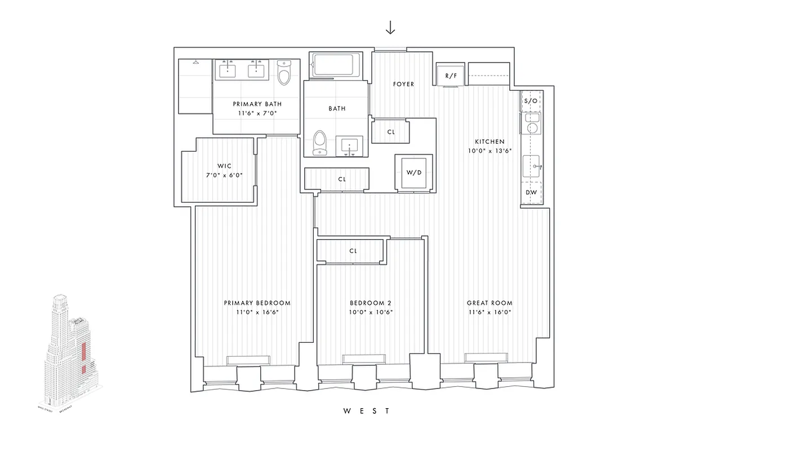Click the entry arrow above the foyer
(x=390, y=28)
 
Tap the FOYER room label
(x=403, y=84)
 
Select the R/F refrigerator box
(x=451, y=75)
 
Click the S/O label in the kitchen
(x=531, y=101)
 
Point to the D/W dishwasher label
(x=531, y=192)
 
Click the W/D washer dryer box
(x=413, y=173)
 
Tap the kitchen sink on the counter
(x=531, y=166)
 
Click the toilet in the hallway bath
(x=320, y=142)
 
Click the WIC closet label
(x=224, y=166)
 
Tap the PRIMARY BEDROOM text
(x=257, y=303)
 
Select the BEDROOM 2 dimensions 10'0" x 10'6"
(x=370, y=312)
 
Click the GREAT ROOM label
(x=489, y=303)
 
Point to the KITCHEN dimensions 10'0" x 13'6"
(x=489, y=151)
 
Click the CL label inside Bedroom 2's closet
(x=353, y=251)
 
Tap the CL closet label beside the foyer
(x=391, y=132)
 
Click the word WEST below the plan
(x=367, y=411)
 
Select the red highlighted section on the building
(x=82, y=352)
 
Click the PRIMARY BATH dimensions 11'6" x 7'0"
(x=257, y=113)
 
